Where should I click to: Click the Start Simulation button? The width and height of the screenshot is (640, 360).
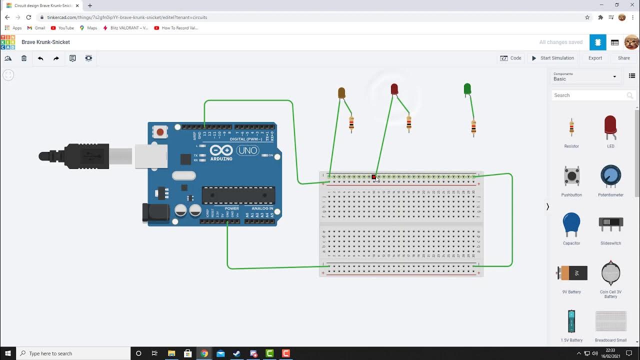click(552, 58)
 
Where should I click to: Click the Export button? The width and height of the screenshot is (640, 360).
click(595, 58)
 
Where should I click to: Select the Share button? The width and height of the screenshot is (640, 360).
click(623, 58)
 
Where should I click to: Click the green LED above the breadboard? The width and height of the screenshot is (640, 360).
click(467, 89)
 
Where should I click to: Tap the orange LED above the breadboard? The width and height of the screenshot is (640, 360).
click(341, 92)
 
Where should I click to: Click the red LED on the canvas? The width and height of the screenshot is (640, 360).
click(394, 89)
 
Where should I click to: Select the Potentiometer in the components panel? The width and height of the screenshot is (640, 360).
click(610, 176)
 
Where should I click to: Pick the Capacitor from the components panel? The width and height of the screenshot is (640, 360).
click(571, 224)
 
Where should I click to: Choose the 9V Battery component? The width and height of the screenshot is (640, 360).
click(571, 273)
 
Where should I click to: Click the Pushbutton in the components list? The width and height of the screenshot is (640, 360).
click(571, 176)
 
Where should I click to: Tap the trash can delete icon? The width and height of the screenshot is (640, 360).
click(24, 58)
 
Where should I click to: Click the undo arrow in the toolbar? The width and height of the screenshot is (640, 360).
click(40, 58)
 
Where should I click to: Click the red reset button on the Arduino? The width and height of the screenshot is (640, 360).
click(160, 132)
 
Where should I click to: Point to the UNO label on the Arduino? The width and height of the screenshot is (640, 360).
click(247, 150)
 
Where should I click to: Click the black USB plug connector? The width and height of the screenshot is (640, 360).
click(75, 156)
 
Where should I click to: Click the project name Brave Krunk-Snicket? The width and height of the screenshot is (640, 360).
click(45, 42)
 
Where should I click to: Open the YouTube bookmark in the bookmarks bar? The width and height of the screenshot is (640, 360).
click(62, 28)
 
